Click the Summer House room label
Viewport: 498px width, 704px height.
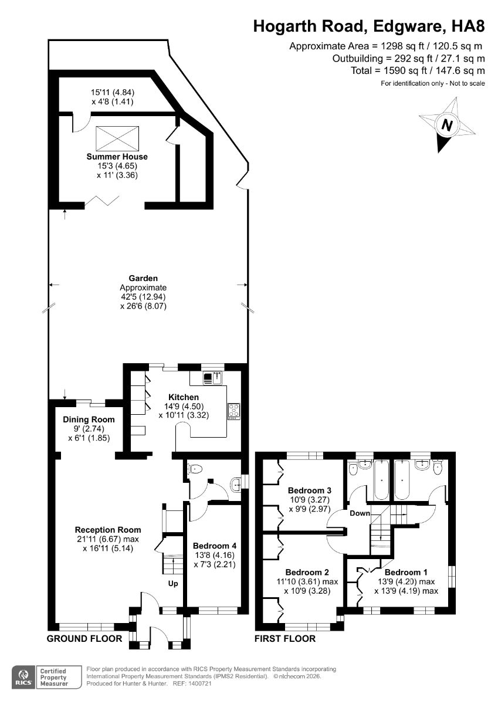(x=117, y=157)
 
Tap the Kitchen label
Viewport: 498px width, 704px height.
(x=184, y=397)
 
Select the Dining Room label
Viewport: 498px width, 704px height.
(x=89, y=419)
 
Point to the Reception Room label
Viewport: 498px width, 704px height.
(x=108, y=530)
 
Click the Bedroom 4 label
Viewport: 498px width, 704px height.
(x=215, y=546)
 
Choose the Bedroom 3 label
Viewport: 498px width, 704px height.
(x=310, y=490)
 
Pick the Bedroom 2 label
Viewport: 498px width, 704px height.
(x=307, y=573)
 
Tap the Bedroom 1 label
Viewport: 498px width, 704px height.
(x=406, y=573)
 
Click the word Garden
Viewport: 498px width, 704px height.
(x=143, y=278)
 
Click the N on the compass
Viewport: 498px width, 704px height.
(x=446, y=126)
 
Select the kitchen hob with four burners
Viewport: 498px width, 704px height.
(x=234, y=411)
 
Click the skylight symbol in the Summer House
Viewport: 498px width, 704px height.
(x=117, y=138)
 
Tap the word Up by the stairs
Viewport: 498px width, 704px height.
(x=173, y=584)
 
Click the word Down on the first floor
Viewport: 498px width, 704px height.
(x=360, y=513)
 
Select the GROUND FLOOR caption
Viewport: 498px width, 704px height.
(x=84, y=639)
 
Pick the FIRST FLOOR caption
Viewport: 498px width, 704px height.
(x=285, y=639)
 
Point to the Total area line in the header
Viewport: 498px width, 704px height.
(x=418, y=70)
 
